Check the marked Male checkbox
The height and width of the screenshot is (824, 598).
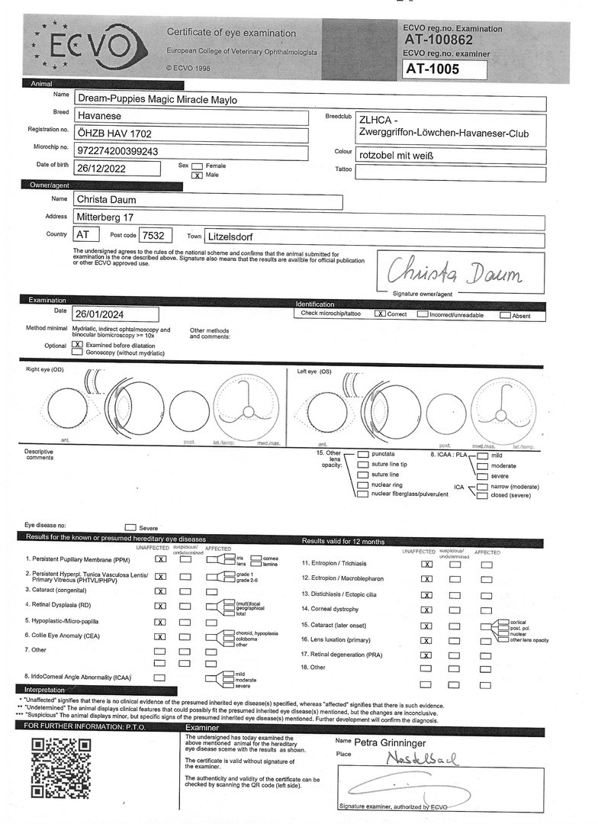click(198, 175)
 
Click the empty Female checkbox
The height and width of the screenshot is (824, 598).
click(198, 166)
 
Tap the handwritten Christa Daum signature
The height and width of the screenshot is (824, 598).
click(456, 270)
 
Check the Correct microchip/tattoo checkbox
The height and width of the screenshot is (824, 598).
click(379, 314)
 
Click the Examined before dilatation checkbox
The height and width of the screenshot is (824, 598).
click(77, 345)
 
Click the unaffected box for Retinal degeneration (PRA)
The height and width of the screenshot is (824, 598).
click(426, 655)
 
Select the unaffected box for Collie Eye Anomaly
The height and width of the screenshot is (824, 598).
click(160, 636)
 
